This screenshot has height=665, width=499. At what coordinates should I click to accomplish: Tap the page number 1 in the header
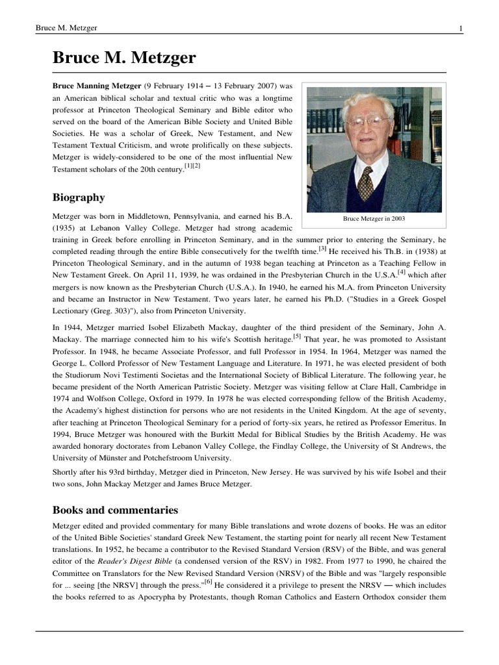(460, 28)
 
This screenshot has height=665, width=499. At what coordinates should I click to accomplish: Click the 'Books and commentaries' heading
(115, 510)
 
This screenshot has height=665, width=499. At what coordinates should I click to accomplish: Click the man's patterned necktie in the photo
(366, 183)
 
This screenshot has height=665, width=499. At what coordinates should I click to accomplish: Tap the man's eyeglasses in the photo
(368, 121)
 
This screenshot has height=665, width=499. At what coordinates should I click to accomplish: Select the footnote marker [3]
(322, 247)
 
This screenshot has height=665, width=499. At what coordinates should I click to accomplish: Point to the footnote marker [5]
(297, 337)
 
